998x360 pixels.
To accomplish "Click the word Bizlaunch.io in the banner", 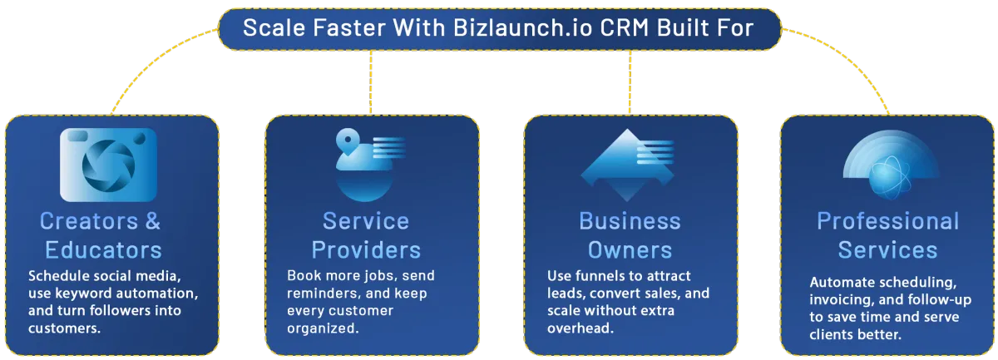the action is (x=523, y=27).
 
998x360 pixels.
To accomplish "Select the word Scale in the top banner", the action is (x=274, y=27).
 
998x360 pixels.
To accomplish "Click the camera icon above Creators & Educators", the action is (x=108, y=165).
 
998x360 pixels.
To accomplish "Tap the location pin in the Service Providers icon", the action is (x=348, y=141).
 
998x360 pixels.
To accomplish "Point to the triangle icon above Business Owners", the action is (x=627, y=165).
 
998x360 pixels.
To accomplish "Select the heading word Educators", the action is (x=103, y=250).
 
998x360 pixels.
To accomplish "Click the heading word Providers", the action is (x=366, y=250).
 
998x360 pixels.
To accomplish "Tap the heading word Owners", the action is (x=630, y=250).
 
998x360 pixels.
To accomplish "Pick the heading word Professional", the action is (x=888, y=221).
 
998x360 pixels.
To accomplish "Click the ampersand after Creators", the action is (x=153, y=221).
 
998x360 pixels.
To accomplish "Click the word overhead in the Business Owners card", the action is (x=581, y=328).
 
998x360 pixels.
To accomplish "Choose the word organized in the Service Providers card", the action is (x=323, y=328).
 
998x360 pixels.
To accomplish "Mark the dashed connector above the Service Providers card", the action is (x=371, y=82).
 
